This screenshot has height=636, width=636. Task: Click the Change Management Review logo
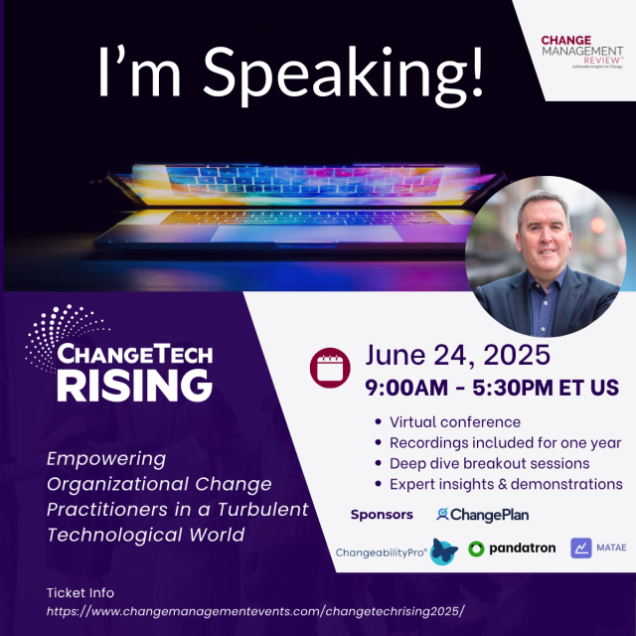(x=582, y=52)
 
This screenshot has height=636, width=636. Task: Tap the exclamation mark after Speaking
(x=477, y=72)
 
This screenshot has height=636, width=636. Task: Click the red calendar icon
(x=330, y=368)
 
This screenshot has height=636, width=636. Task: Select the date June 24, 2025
(x=457, y=355)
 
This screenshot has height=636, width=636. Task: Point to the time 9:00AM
(x=406, y=388)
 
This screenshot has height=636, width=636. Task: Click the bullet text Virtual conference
(x=455, y=422)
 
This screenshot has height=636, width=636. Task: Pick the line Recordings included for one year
(x=506, y=443)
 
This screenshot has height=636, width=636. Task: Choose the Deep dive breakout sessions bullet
(x=490, y=464)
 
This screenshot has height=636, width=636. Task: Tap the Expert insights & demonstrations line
(x=506, y=484)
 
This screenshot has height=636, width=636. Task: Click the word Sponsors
(x=382, y=515)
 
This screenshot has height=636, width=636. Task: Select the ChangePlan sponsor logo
(x=483, y=515)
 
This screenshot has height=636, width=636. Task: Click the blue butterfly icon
(x=444, y=552)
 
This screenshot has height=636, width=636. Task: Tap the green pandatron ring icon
(x=476, y=549)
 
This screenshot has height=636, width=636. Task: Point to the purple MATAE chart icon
(x=580, y=548)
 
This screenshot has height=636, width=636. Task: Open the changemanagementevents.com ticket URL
(x=255, y=611)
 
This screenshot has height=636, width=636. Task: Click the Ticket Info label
(x=80, y=593)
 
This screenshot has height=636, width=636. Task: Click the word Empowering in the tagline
(x=106, y=459)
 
